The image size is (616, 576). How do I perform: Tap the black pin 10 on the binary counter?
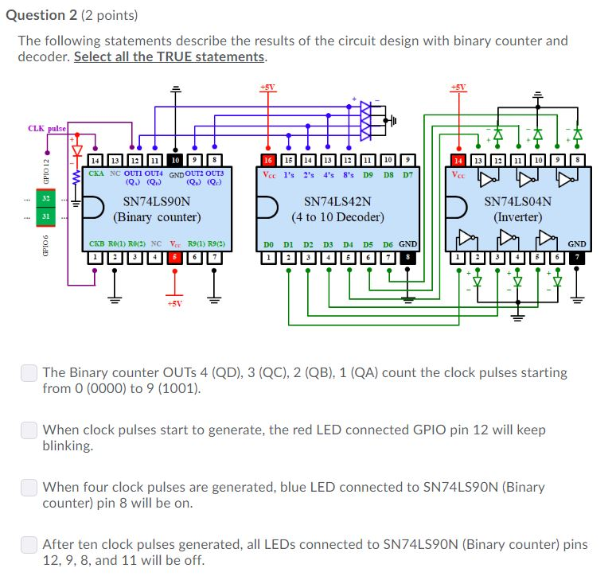coord(174,159)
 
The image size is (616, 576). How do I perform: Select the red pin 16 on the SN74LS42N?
coord(269,159)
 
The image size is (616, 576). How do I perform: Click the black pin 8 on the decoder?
coord(407,257)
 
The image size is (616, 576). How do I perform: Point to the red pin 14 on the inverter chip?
coord(458,159)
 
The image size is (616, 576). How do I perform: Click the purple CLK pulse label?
coord(47,128)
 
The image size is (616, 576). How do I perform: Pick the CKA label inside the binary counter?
coord(96,173)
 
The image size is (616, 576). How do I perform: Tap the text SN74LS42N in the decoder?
coord(337,202)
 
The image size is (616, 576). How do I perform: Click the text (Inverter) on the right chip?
coord(517,216)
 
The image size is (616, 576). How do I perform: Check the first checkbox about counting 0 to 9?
coord(29,372)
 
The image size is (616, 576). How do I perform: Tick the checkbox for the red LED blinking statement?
coord(29,430)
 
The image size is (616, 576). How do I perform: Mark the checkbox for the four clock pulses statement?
coord(29,487)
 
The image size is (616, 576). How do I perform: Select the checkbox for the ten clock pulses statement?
coord(29,544)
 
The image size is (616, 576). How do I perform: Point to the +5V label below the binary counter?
coord(174,303)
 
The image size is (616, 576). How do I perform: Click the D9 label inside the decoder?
coord(368,173)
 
